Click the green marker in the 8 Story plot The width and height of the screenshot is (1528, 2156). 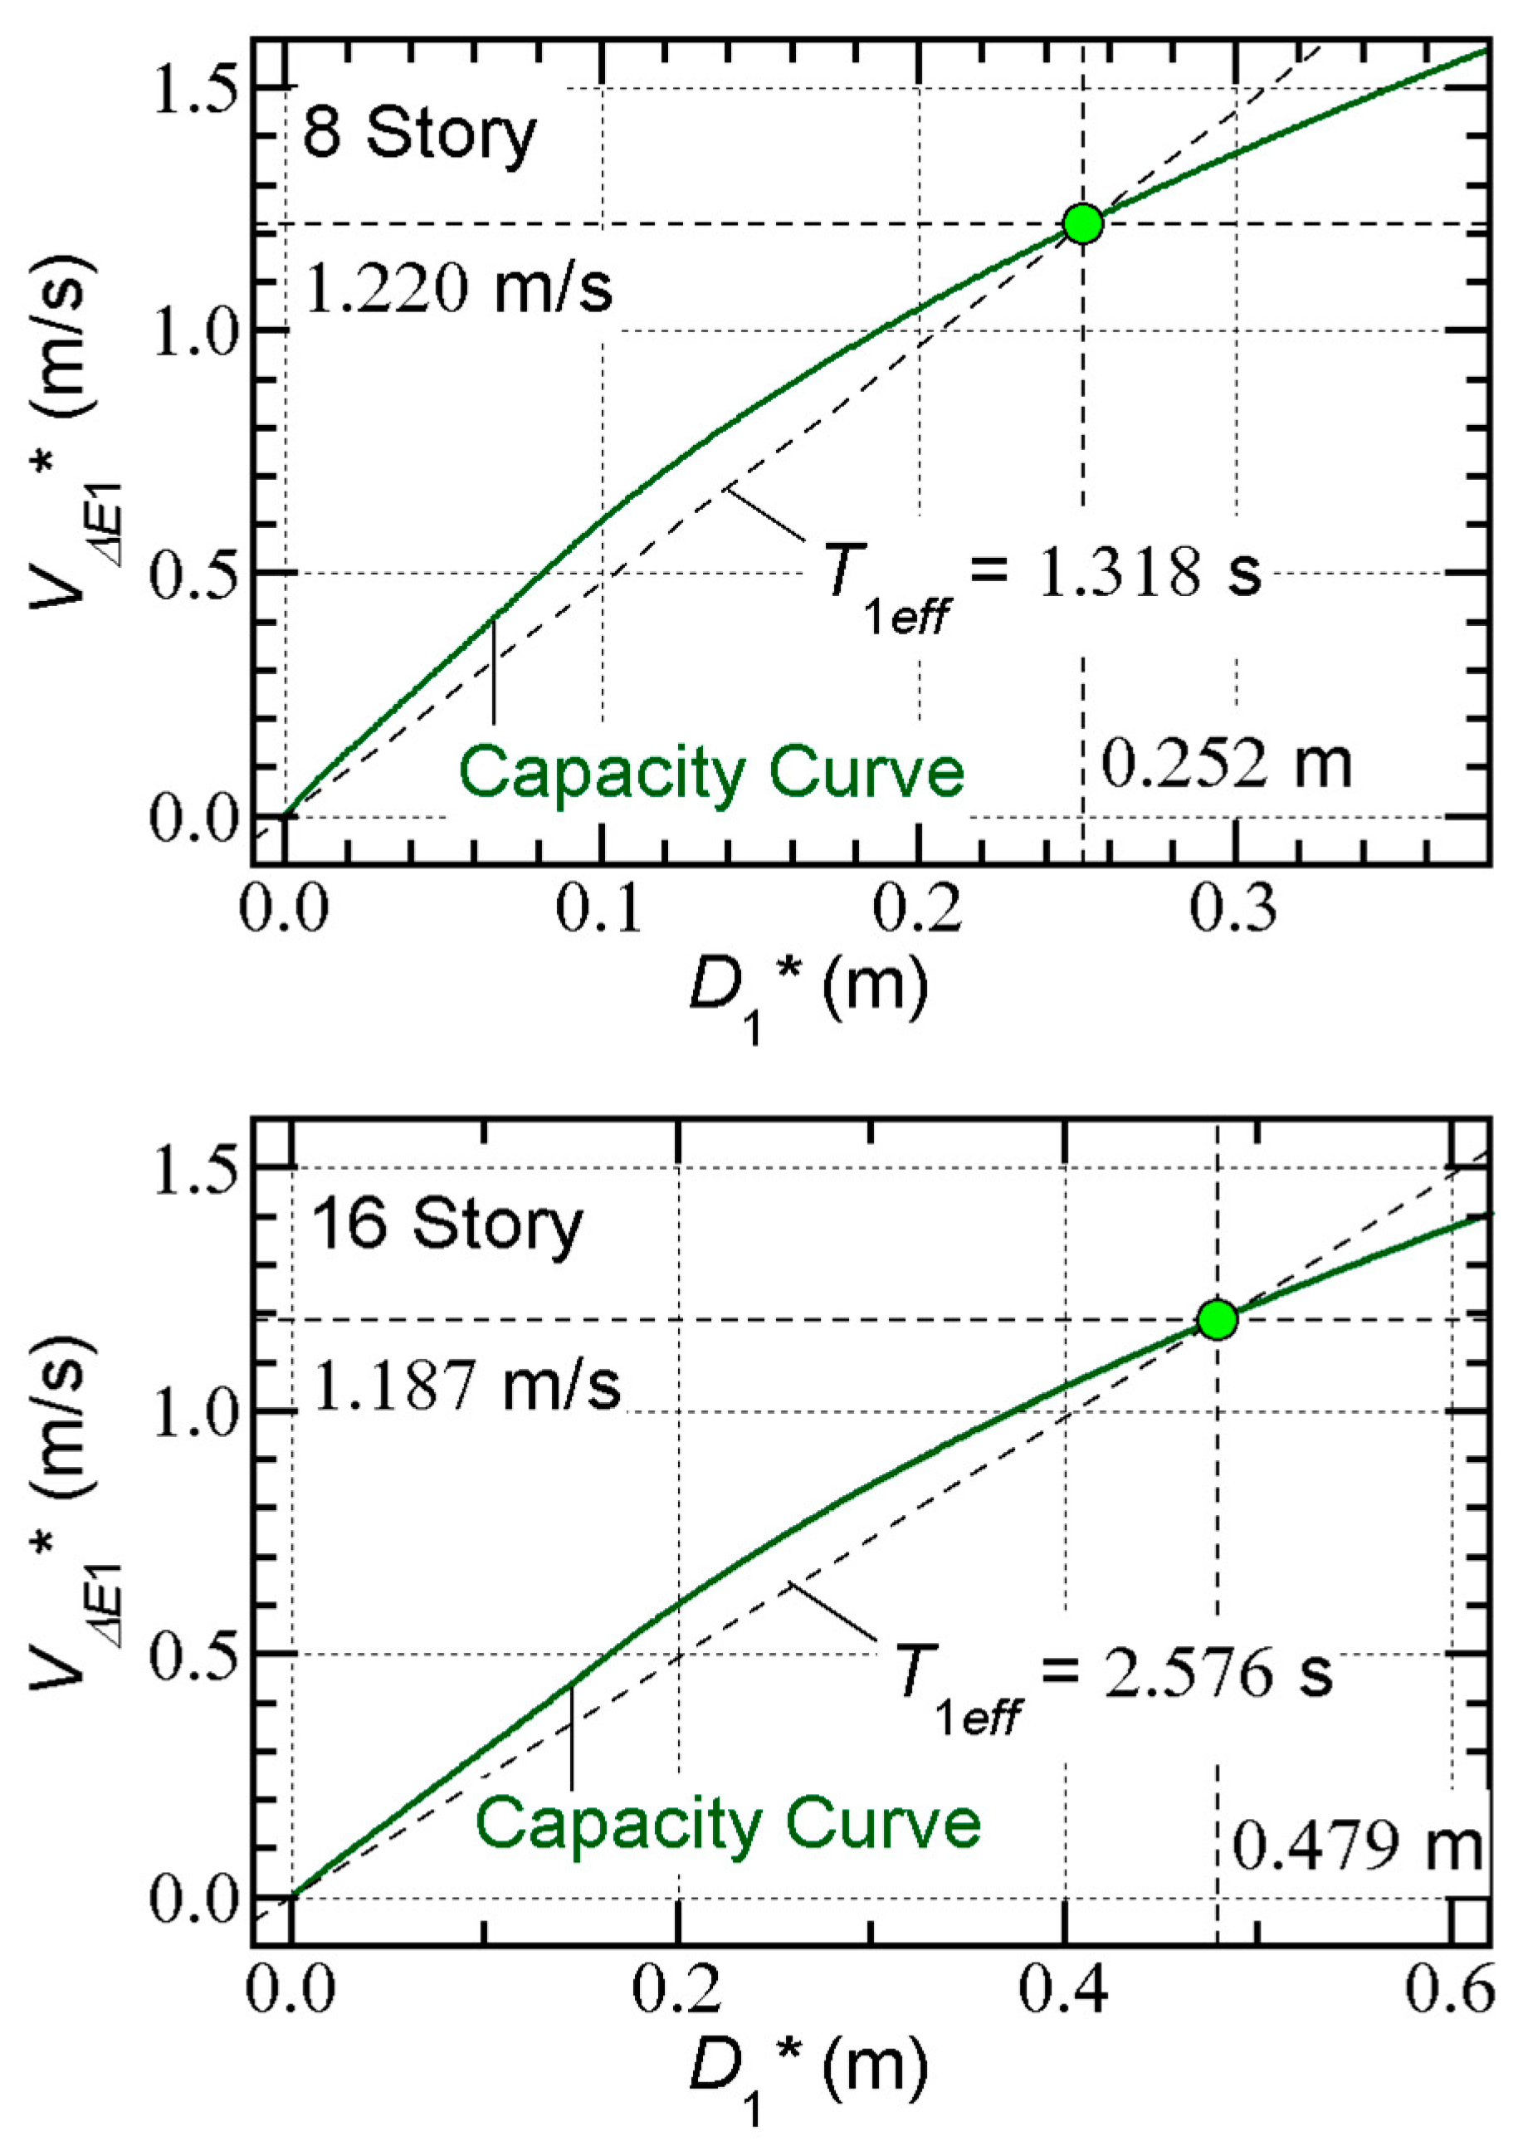click(1083, 223)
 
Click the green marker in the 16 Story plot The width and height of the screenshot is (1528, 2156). click(1218, 1319)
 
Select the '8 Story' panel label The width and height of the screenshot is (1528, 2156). click(420, 134)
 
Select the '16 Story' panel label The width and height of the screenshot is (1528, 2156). click(447, 1225)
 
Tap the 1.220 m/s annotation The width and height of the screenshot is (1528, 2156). click(458, 288)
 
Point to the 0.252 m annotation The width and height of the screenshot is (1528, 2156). click(1226, 764)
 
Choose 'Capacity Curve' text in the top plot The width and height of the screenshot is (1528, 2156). click(712, 773)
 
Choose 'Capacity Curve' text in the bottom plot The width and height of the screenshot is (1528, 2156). click(727, 1824)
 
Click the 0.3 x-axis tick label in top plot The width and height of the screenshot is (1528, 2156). click(1234, 909)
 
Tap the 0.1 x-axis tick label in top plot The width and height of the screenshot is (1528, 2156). click(600, 909)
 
